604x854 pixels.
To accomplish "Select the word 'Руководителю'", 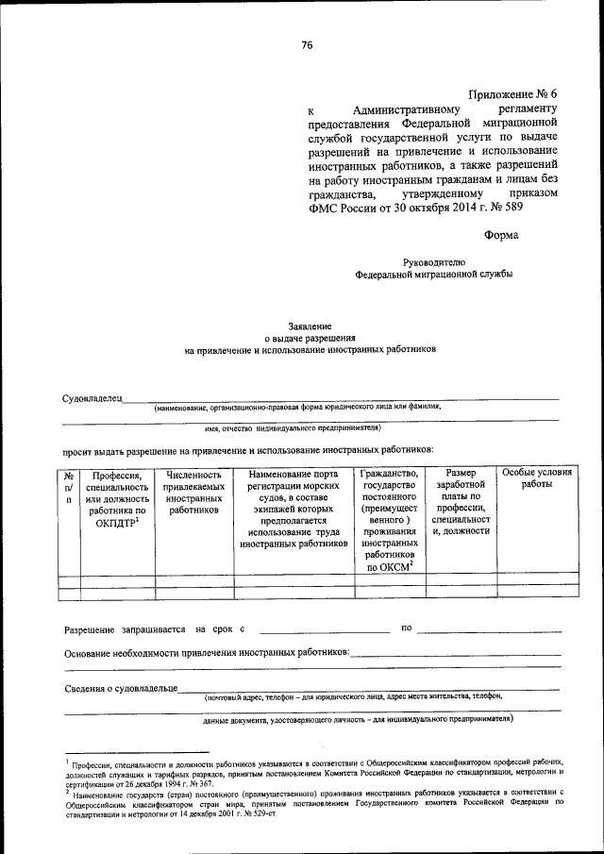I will click(x=434, y=261).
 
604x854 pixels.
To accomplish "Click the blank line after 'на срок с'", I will click(x=324, y=629).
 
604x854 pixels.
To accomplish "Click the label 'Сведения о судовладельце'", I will click(x=121, y=688).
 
